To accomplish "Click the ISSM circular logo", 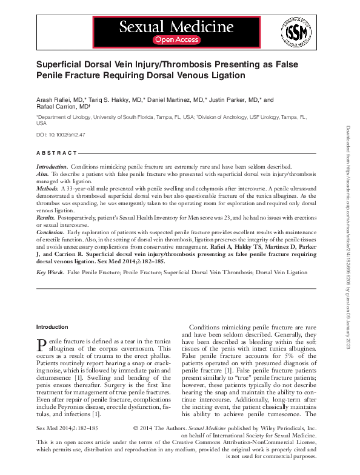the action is [x=293, y=32].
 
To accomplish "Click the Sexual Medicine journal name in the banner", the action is [x=176, y=26].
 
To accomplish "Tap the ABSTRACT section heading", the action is [x=57, y=153].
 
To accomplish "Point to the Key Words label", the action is [x=50, y=273].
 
